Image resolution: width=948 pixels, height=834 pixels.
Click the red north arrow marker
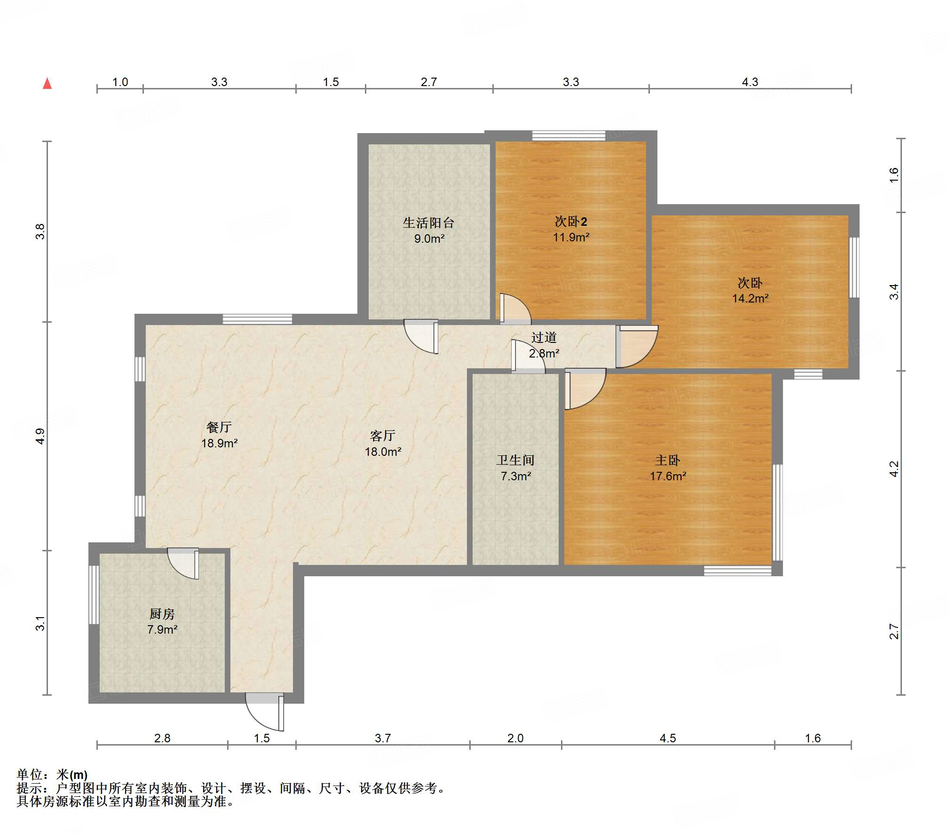pos(47,83)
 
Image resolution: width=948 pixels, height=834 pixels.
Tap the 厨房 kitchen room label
pos(162,614)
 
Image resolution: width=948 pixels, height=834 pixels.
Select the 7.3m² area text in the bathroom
pos(516,476)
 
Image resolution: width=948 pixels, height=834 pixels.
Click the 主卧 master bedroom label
pos(668,460)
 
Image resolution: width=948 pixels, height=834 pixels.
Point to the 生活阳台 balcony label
pos(429,222)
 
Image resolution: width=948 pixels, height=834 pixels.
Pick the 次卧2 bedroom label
pos(571,221)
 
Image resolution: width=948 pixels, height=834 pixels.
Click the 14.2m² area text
pos(750,298)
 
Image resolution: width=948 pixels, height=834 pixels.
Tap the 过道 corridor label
pos(544,337)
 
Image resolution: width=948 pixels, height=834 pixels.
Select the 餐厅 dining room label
pos(219,427)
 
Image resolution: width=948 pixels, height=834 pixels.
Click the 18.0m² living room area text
pos(383,452)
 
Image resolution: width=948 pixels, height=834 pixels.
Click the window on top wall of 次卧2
pos(569,135)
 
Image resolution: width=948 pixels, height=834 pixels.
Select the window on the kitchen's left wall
pos(94,595)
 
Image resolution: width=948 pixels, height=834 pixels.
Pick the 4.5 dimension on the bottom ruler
pos(668,738)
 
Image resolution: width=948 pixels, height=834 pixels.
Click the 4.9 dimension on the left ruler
pos(40,436)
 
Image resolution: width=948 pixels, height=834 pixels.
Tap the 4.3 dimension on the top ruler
pos(750,82)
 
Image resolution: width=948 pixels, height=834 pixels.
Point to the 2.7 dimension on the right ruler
pos(894,631)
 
